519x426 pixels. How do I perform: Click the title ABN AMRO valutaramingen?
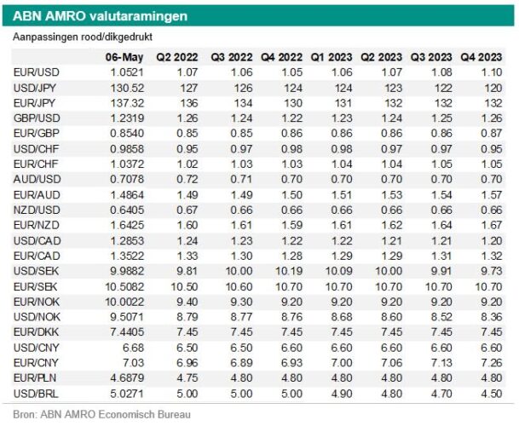click(x=100, y=16)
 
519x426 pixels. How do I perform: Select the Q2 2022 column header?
click(x=177, y=57)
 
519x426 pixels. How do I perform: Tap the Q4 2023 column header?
click(x=482, y=57)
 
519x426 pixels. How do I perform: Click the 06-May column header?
click(x=124, y=57)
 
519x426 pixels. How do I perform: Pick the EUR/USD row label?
click(x=37, y=72)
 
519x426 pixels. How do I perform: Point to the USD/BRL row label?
click(x=36, y=394)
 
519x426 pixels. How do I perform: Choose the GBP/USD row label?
click(x=37, y=118)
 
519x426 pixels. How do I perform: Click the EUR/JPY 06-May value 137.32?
click(x=127, y=103)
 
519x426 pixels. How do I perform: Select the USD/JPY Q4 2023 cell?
click(x=493, y=88)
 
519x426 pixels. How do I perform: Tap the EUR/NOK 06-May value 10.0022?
click(x=124, y=302)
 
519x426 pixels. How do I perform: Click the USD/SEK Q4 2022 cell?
click(x=289, y=271)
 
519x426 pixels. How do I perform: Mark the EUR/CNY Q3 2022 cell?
click(x=242, y=363)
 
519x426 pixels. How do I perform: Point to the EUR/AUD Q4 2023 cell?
click(x=492, y=195)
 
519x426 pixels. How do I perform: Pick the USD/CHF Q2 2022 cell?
click(x=187, y=149)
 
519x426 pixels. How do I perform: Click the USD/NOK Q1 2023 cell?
click(x=342, y=317)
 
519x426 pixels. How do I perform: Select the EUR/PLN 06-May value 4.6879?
click(x=127, y=378)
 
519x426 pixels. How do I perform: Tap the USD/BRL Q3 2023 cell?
click(x=441, y=394)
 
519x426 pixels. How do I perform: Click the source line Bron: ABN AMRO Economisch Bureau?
click(x=101, y=414)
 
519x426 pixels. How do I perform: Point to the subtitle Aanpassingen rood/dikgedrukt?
click(x=83, y=37)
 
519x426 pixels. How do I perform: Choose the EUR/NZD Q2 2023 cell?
click(x=391, y=225)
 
